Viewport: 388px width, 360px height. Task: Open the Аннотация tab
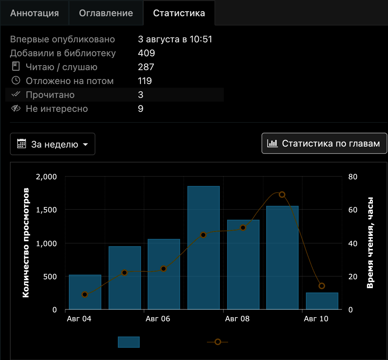click(x=34, y=13)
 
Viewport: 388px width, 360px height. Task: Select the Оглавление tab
click(x=106, y=13)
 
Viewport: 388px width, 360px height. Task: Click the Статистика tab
click(x=179, y=13)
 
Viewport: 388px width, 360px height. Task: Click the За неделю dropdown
click(x=52, y=144)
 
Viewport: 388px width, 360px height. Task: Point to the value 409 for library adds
click(x=146, y=53)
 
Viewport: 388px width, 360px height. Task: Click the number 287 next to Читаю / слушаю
click(x=146, y=67)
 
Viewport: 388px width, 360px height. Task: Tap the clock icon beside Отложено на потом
click(x=16, y=80)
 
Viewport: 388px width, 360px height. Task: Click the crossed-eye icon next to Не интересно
click(x=16, y=108)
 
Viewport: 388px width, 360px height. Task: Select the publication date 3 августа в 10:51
click(x=175, y=39)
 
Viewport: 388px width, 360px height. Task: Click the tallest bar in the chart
click(x=203, y=247)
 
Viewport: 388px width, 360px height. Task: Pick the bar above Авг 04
click(x=85, y=292)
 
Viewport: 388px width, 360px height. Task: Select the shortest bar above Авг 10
click(x=322, y=301)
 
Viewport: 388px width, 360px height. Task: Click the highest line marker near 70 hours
click(x=282, y=195)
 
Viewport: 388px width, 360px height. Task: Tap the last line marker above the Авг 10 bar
click(x=322, y=286)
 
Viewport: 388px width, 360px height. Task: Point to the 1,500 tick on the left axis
click(x=46, y=210)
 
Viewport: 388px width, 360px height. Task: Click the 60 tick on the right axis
click(x=353, y=210)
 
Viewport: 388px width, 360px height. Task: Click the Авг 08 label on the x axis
click(x=237, y=319)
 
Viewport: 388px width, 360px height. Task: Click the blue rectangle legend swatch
click(x=129, y=342)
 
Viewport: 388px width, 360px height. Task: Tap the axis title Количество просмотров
click(x=26, y=243)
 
